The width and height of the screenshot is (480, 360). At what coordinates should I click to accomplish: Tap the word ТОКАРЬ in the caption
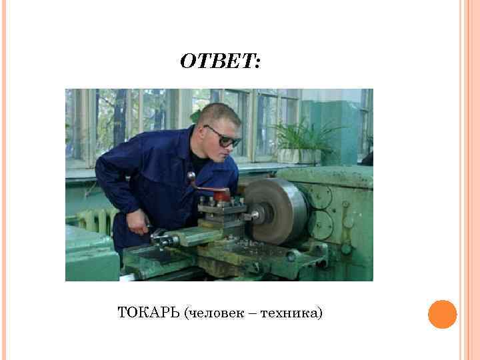[148, 312]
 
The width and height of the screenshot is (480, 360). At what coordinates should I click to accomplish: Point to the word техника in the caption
[291, 312]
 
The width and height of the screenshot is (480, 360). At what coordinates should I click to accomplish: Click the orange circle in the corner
[442, 314]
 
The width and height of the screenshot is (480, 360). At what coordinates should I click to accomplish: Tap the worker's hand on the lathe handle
[139, 224]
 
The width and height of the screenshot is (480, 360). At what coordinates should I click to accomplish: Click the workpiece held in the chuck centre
[255, 215]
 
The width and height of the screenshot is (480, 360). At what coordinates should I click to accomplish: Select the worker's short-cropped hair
[215, 113]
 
